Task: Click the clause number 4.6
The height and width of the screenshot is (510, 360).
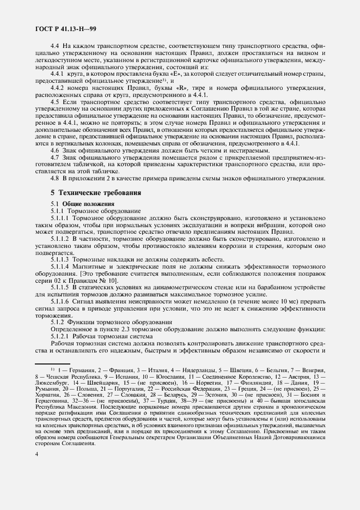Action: click(x=54, y=150)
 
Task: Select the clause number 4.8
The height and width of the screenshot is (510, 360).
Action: click(x=54, y=178)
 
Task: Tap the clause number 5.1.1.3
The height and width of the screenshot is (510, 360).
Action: click(x=60, y=244)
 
